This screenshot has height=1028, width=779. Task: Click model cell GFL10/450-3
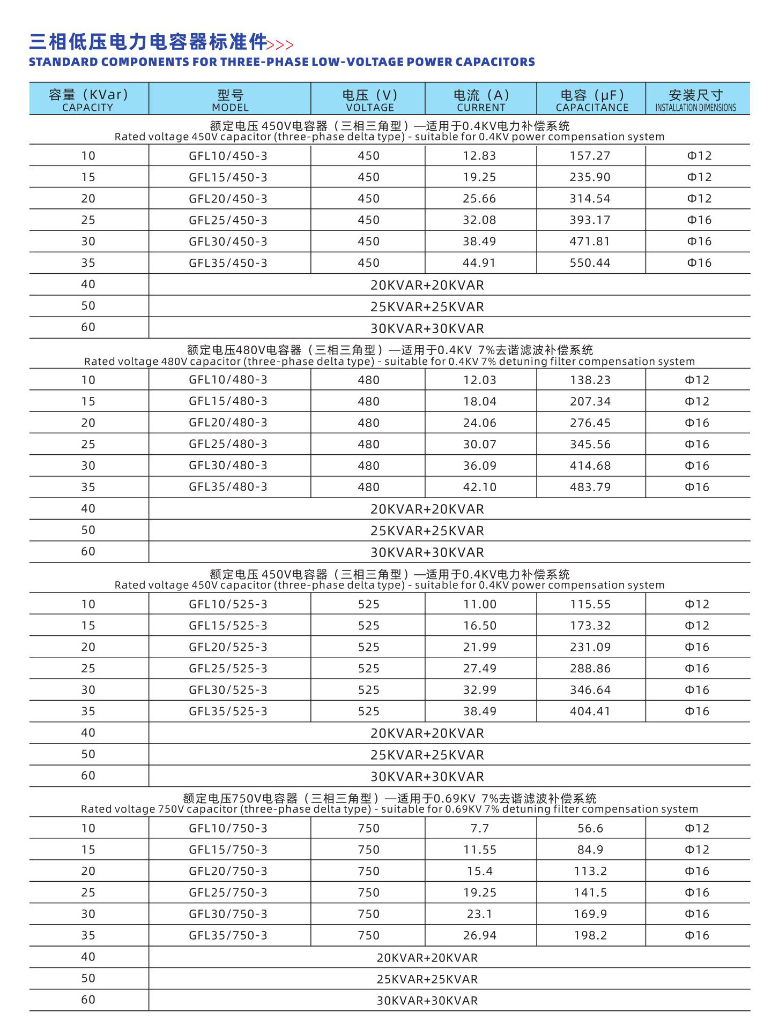coord(228,156)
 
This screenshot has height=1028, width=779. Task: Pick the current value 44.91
coord(479,263)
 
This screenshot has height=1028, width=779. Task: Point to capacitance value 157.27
coord(590,156)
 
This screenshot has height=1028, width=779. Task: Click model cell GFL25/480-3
coord(228,444)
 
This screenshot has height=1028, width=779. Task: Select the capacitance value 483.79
coord(590,487)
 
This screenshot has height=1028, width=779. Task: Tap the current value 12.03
coord(480,380)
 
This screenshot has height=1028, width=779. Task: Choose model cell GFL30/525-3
coord(228,690)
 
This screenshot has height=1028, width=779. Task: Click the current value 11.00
coord(480,604)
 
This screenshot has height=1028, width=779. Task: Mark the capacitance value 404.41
coord(590,711)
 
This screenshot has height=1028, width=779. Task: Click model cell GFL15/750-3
coord(228,850)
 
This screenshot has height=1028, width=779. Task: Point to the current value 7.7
coord(480,828)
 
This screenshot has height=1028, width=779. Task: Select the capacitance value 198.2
coord(590,935)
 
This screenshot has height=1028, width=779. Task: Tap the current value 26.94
coord(480,935)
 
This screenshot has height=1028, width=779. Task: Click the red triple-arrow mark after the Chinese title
coord(280,44)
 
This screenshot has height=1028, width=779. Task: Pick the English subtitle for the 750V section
coord(389,809)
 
